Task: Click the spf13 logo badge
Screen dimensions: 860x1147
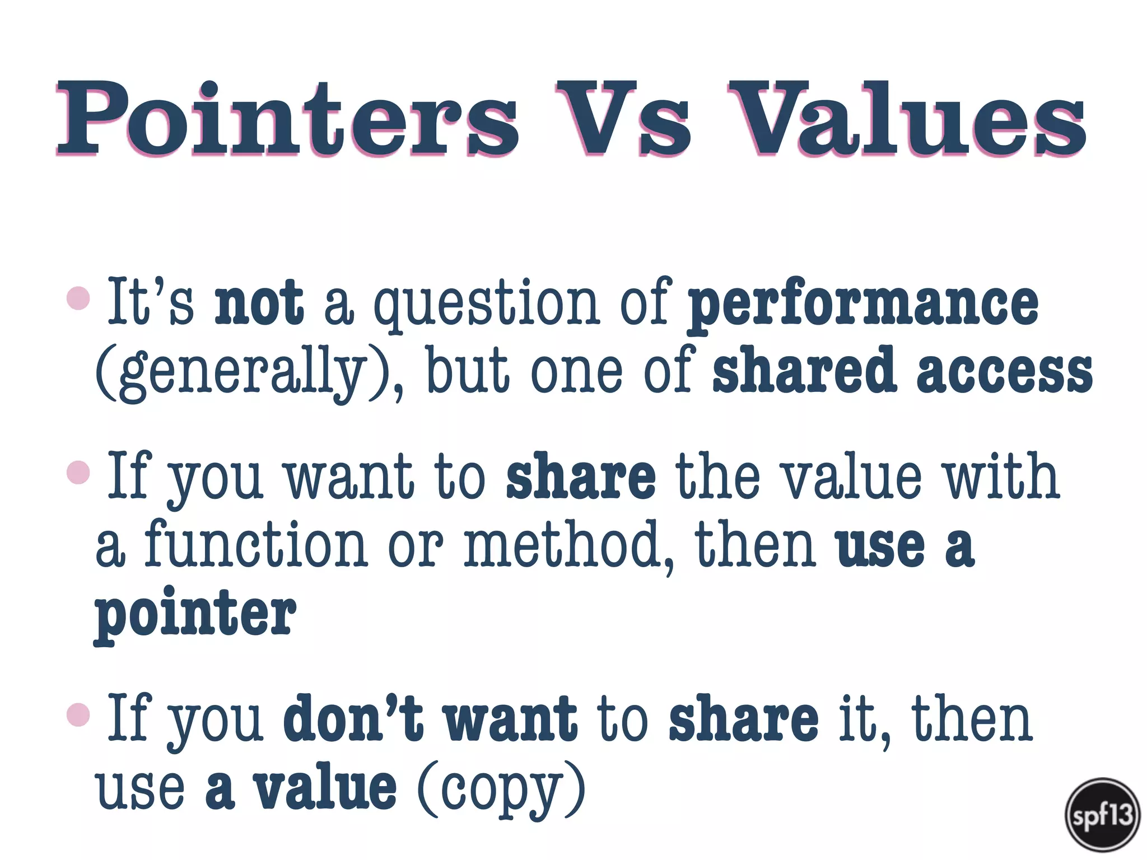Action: coord(1102,815)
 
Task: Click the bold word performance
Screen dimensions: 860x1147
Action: coord(863,305)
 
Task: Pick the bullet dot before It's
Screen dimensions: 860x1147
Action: coord(78,298)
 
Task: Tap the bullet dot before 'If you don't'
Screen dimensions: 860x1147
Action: coord(78,715)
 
